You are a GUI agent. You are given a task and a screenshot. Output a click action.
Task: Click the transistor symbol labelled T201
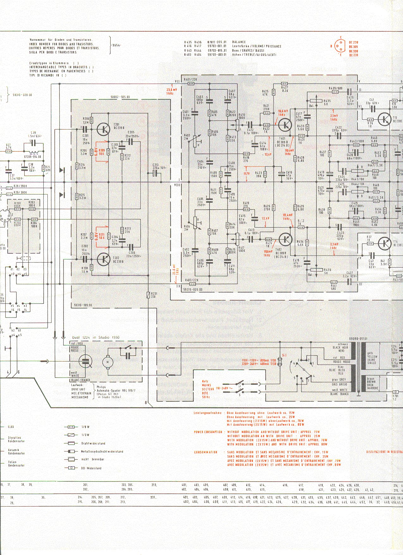coord(103,129)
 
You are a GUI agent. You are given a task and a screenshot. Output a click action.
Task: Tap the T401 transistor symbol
coord(285,125)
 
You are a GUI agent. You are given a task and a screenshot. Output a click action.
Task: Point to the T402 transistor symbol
coord(285,239)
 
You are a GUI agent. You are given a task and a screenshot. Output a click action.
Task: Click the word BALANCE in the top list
coord(239,42)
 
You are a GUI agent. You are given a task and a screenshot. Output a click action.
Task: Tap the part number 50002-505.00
coord(120,97)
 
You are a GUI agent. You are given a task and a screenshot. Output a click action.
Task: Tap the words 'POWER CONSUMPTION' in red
coord(208,432)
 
